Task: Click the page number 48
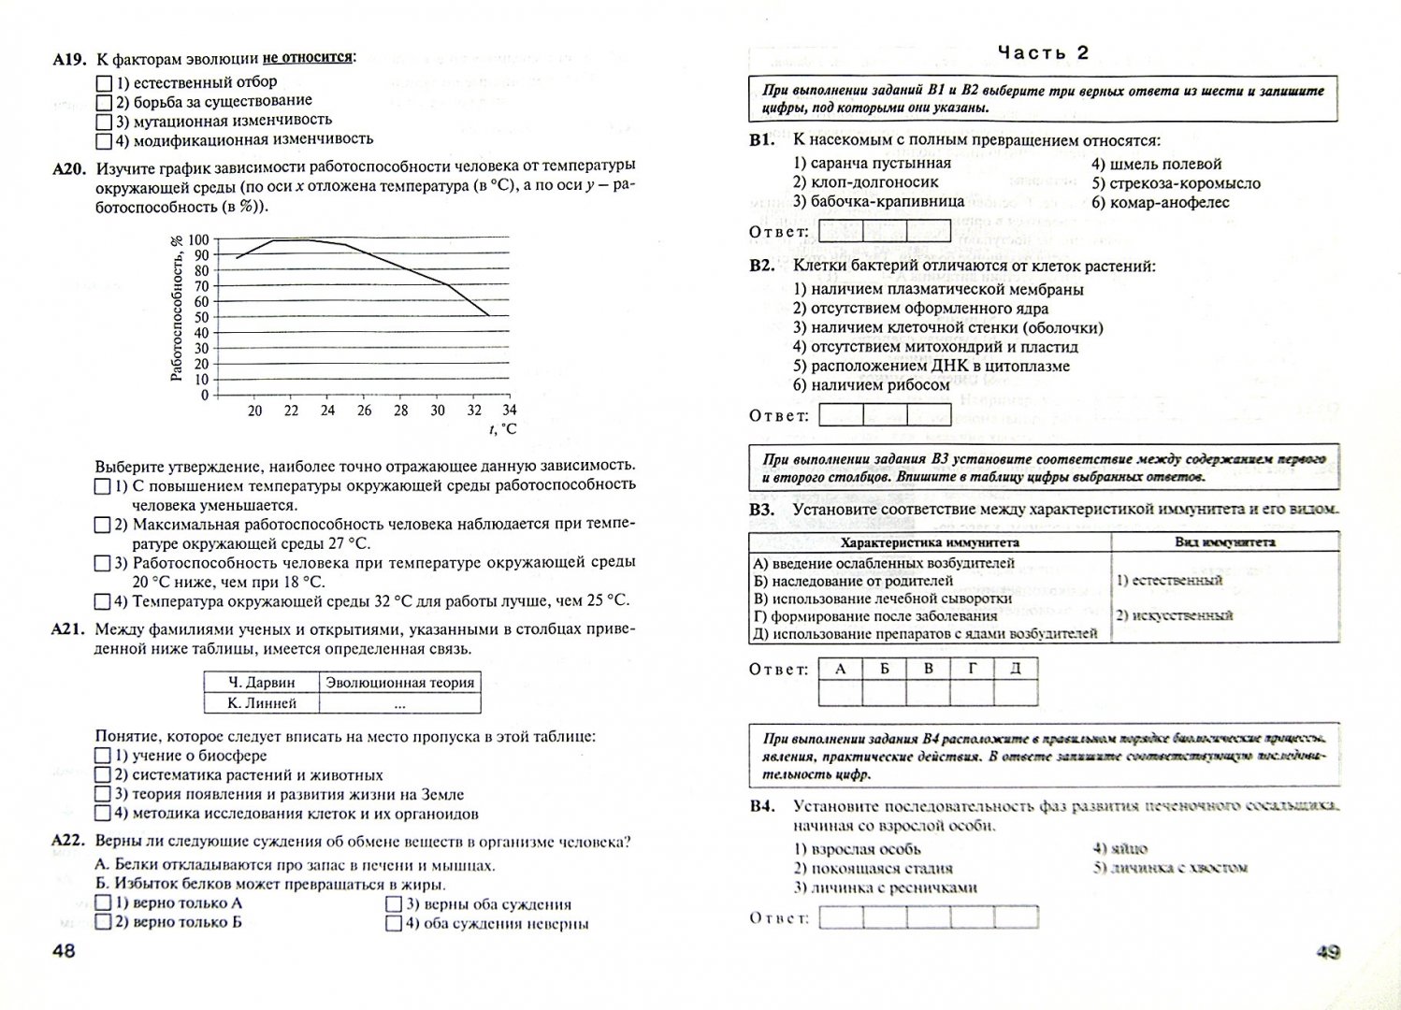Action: pyautogui.click(x=64, y=952)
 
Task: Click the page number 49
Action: pyautogui.click(x=1328, y=953)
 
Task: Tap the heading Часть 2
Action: pyautogui.click(x=1043, y=52)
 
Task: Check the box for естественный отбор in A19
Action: pyautogui.click(x=104, y=83)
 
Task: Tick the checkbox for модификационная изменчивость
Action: pyautogui.click(x=104, y=141)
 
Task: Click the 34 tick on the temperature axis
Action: pyautogui.click(x=509, y=411)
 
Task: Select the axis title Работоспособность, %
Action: pyautogui.click(x=176, y=309)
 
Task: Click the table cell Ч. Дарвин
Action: pyautogui.click(x=261, y=683)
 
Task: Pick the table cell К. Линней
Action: pyautogui.click(x=261, y=703)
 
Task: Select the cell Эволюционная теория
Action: pyautogui.click(x=399, y=683)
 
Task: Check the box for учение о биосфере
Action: pyautogui.click(x=104, y=756)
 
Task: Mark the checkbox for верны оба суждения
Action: pyautogui.click(x=394, y=904)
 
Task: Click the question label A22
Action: pyautogui.click(x=69, y=842)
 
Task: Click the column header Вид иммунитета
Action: pyautogui.click(x=1224, y=542)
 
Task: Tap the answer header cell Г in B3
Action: pyautogui.click(x=973, y=669)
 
